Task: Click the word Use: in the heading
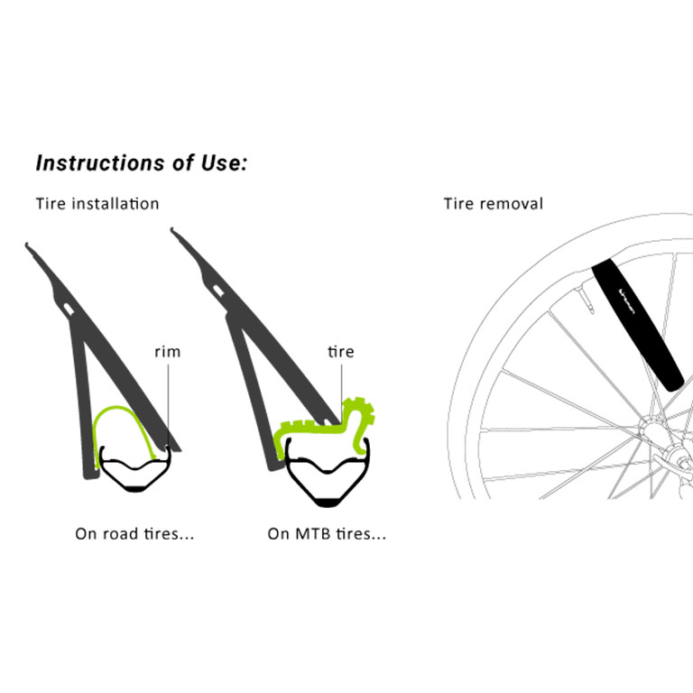tap(222, 163)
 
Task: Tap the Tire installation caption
tap(97, 204)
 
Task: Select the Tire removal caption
tap(493, 204)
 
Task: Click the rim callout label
tap(168, 352)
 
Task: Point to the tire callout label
tap(341, 352)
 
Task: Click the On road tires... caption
tap(134, 534)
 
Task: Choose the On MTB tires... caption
tap(327, 534)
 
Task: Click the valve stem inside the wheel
tap(586, 303)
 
